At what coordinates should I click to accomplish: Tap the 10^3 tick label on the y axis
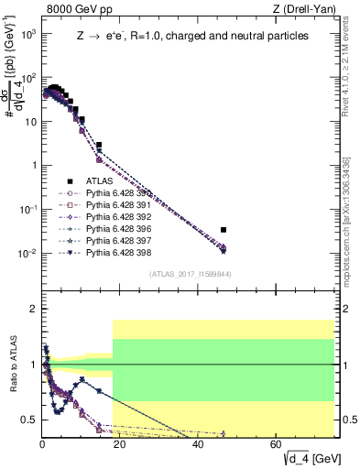[x=27, y=34]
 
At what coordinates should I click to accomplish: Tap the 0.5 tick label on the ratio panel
[x=28, y=420]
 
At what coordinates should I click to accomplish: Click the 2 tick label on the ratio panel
[x=32, y=309]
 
